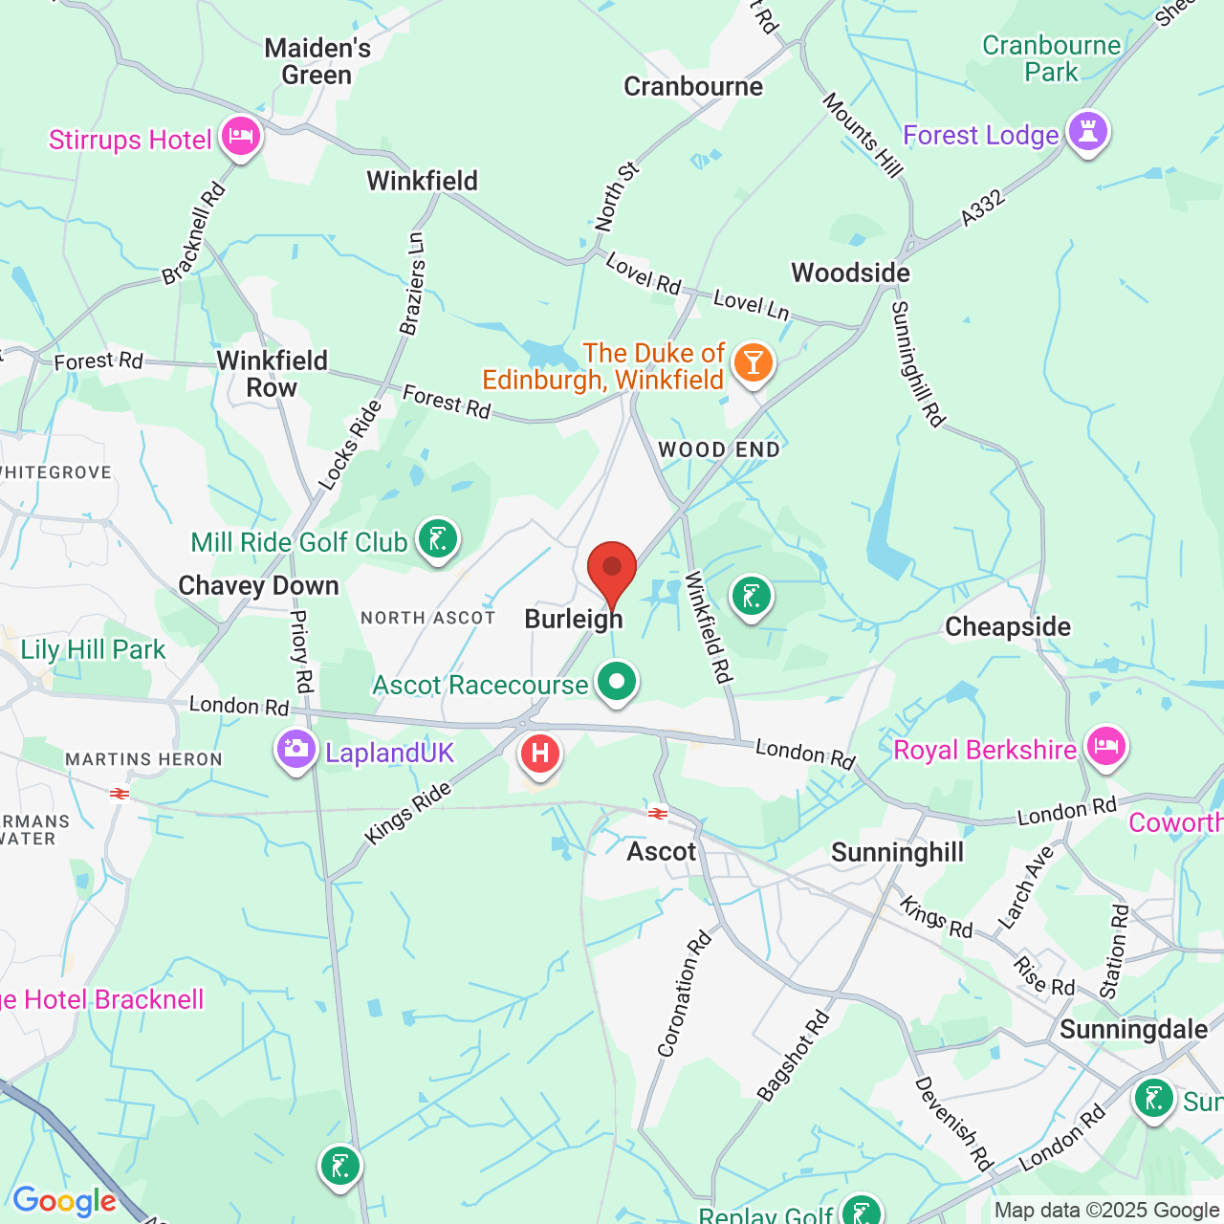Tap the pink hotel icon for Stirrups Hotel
240,137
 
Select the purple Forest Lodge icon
1087,132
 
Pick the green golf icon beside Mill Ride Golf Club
438,540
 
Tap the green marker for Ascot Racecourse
617,682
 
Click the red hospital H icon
540,753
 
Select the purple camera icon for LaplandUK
295,750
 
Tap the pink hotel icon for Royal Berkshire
1105,746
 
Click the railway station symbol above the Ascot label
658,814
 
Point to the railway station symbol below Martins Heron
120,794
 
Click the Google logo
64,1201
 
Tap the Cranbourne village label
693,87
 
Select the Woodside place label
850,273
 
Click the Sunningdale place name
1133,1030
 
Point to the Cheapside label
1008,627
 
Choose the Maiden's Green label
317,61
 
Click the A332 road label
983,208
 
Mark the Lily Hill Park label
93,650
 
